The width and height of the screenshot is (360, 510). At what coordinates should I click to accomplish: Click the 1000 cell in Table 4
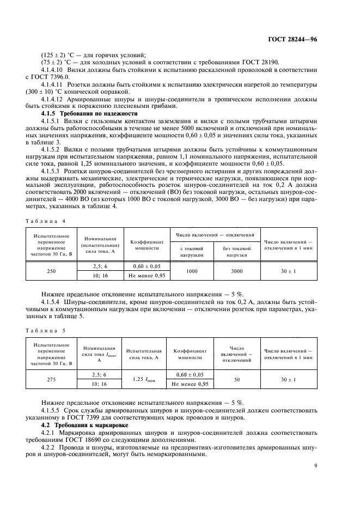[x=191, y=271]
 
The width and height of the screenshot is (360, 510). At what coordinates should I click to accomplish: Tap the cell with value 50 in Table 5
[x=237, y=380]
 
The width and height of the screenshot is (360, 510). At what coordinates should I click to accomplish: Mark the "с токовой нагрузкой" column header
[x=191, y=251]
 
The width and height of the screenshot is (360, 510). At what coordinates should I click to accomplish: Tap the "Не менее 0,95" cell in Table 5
[x=190, y=385]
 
